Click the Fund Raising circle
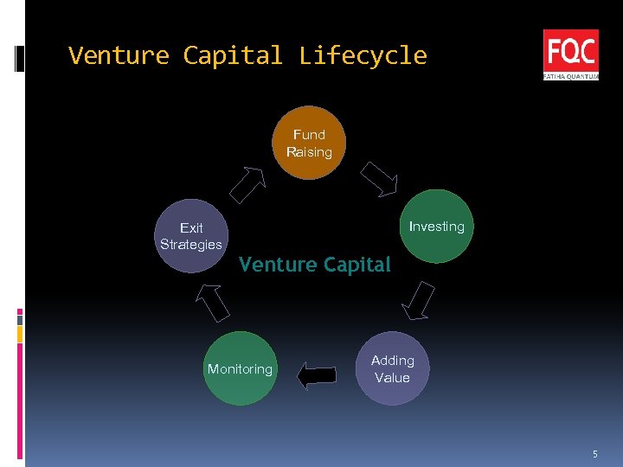point(309,144)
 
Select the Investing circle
point(438,227)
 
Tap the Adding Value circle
point(393,369)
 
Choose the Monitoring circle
point(241,369)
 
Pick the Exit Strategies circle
point(191,236)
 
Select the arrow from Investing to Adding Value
point(420,300)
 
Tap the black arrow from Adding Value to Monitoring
point(316,375)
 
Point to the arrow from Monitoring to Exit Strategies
point(212,302)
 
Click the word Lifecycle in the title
point(363,56)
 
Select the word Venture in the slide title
point(119,56)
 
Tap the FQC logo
point(570,54)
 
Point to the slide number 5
point(594,454)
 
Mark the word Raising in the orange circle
point(309,152)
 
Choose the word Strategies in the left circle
point(191,245)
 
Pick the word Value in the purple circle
point(392,378)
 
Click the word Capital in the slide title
point(233,56)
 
